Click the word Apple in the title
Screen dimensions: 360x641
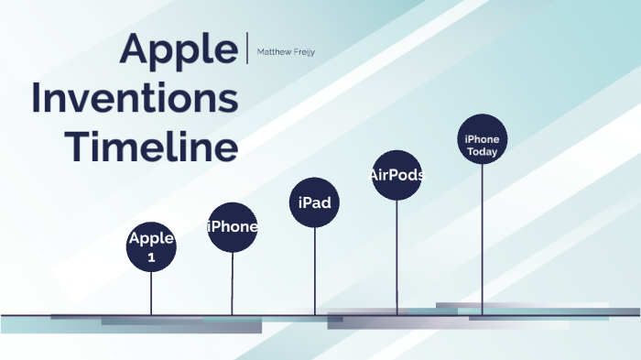[179, 49]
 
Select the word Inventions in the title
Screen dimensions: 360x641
[135, 98]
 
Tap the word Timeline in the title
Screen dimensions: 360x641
[157, 147]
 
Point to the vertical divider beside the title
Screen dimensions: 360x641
[247, 47]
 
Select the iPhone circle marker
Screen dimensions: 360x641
[233, 227]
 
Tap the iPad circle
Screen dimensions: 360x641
[315, 202]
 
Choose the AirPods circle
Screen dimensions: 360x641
[397, 175]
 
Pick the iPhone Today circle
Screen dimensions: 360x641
[482, 139]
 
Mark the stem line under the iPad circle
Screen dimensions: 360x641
[315, 270]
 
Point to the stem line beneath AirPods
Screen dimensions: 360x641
[397, 256]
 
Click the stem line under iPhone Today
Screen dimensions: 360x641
[482, 238]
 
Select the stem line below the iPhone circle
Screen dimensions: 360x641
[233, 284]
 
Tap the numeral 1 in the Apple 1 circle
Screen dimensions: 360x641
[151, 256]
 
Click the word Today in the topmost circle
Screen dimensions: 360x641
[482, 152]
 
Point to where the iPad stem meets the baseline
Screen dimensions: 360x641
[315, 315]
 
